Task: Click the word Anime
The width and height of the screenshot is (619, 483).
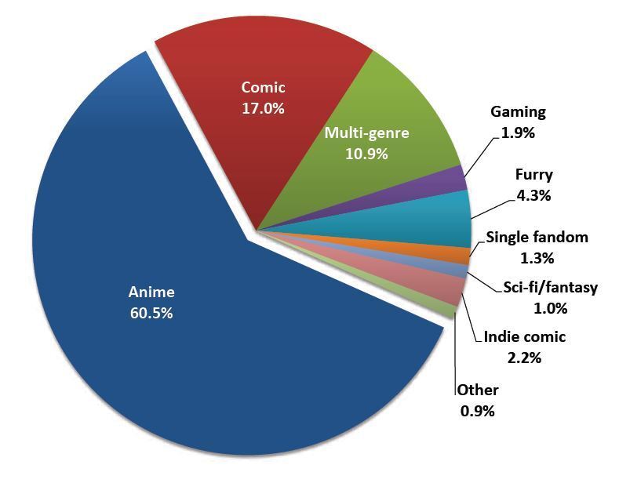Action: pos(151,292)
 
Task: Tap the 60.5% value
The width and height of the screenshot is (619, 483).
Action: pos(151,313)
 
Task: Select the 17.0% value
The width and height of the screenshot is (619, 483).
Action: pos(263,108)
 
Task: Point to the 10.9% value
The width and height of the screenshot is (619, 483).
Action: pos(366,154)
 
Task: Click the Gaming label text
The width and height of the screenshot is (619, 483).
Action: pos(518,112)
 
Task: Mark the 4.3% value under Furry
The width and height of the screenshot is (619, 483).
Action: pos(533,195)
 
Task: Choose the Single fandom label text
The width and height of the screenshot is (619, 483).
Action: pos(537,237)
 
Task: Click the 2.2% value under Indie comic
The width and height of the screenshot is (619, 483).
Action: pos(525,358)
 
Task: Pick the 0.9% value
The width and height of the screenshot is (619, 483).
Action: pos(477,410)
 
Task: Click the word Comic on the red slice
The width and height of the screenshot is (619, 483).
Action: pos(263,87)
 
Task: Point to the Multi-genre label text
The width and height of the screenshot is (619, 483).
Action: pos(366,133)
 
